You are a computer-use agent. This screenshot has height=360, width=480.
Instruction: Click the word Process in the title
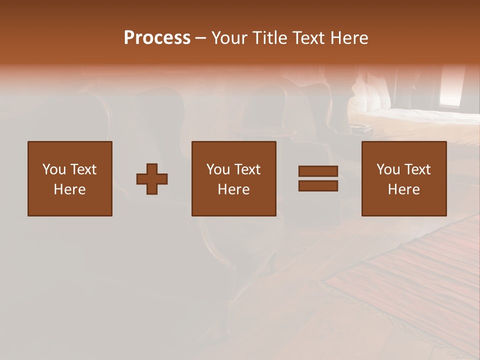157,38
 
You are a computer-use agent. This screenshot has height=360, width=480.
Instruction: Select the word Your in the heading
227,38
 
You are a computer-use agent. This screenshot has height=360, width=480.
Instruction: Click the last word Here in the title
350,38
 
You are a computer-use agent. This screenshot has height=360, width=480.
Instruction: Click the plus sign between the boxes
152,178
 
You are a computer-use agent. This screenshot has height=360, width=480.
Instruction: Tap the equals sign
318,178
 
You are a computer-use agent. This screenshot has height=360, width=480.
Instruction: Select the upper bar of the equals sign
318,171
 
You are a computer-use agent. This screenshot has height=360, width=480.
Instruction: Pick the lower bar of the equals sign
318,185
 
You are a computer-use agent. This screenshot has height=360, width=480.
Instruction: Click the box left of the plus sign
70,178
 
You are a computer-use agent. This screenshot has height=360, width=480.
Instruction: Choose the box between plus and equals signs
234,178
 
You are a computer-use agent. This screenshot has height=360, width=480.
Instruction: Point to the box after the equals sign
404,178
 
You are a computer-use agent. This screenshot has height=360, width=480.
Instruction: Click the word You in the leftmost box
53,169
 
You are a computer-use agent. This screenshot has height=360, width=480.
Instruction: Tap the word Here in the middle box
234,189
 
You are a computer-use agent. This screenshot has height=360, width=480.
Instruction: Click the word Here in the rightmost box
404,189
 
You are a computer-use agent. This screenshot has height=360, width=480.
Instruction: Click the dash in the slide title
201,38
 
